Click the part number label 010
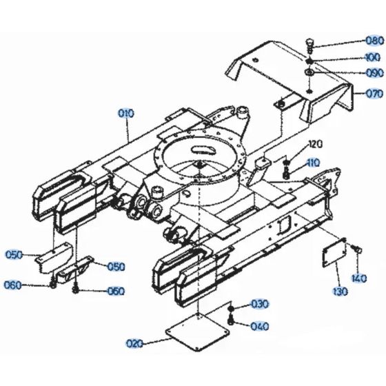coord(126,112)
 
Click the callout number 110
coord(314,163)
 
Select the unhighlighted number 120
coord(315,144)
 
